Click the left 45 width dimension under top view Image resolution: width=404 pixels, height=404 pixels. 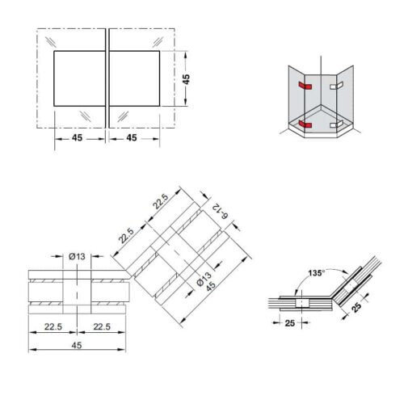pyautogui.click(x=77, y=138)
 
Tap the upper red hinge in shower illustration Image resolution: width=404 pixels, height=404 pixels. pyautogui.click(x=303, y=85)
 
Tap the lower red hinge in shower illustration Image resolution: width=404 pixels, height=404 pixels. pyautogui.click(x=303, y=124)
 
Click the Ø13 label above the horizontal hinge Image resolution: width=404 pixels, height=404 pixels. pyautogui.click(x=78, y=256)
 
